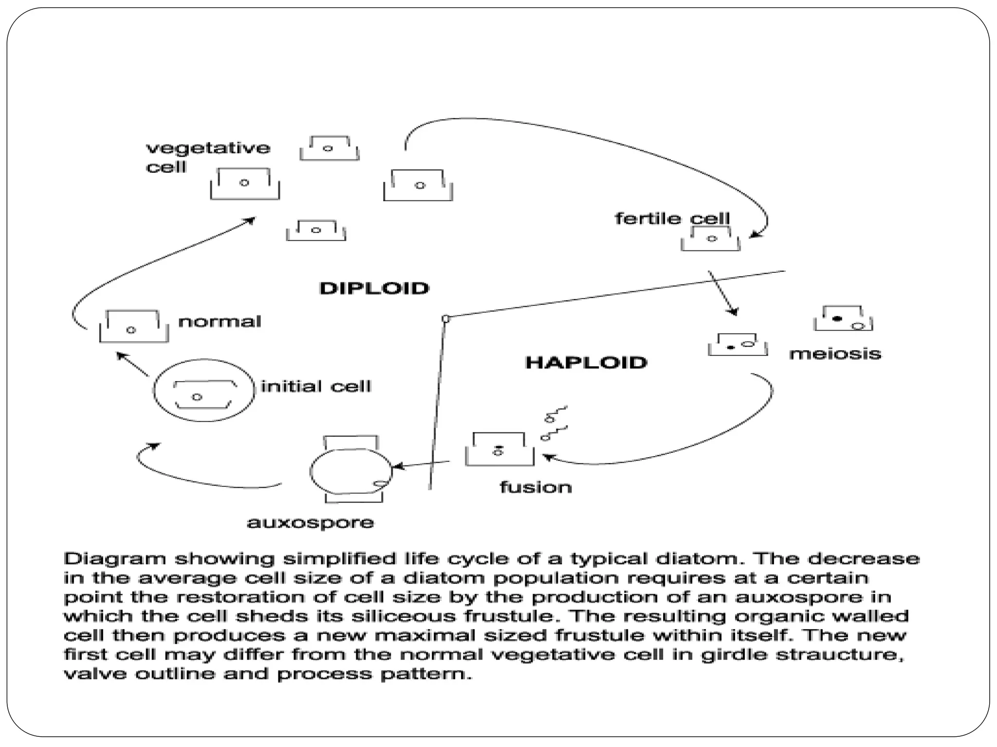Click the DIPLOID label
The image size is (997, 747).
point(374,288)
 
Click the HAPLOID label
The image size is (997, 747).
point(586,362)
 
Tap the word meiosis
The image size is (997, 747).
point(835,354)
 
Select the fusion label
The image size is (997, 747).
point(535,487)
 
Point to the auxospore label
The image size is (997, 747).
point(311,523)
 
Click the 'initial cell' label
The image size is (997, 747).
point(316,387)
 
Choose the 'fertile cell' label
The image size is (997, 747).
point(672,218)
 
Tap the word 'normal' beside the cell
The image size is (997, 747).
point(220,321)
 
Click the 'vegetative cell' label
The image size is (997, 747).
point(208,157)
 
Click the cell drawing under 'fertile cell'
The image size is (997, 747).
point(711,239)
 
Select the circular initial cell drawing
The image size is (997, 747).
point(204,391)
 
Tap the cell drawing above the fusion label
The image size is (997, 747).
point(499,449)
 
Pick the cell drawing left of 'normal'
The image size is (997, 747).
point(134,326)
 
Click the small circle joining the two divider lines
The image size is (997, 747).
point(445,319)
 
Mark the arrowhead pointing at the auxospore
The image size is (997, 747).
point(396,467)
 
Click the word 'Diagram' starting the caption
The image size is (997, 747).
point(115,559)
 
